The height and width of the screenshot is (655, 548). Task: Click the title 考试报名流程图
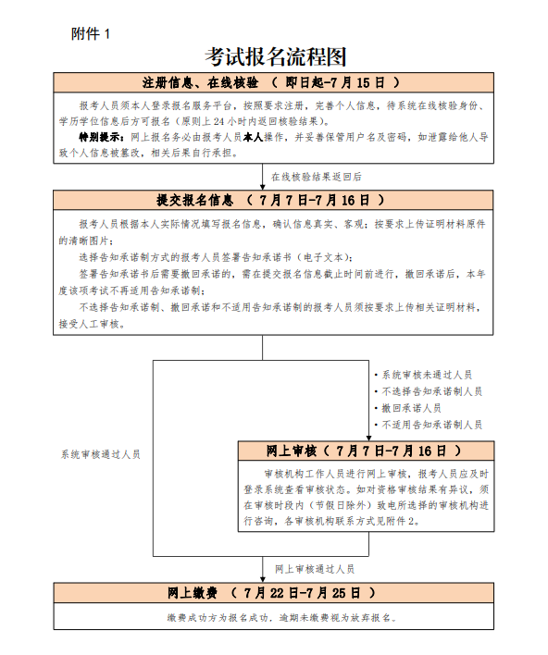click(275, 56)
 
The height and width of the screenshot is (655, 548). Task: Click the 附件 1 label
click(90, 33)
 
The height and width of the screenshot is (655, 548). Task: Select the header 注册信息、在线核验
click(200, 82)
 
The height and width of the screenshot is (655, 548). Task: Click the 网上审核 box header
click(292, 451)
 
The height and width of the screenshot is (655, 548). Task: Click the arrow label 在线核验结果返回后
click(316, 176)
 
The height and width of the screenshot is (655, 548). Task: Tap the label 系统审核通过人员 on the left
click(101, 454)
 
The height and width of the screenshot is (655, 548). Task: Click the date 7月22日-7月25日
click(306, 592)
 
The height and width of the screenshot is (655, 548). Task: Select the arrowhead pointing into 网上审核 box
click(367, 436)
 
